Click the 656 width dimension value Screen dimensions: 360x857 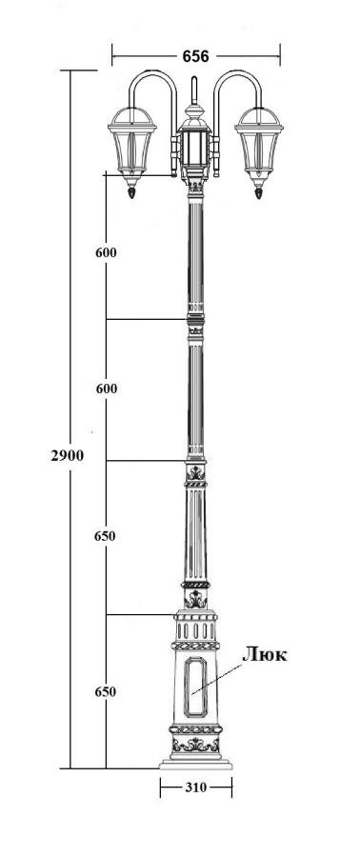[195, 56]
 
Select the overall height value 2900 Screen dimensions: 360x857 [68, 455]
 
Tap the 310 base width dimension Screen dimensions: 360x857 [195, 787]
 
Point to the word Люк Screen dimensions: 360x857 [265, 654]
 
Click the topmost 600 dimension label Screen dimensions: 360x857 [106, 252]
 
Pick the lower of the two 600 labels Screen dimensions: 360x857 [106, 389]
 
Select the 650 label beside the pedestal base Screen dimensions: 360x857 [105, 692]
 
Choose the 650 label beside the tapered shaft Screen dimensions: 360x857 [105, 536]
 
